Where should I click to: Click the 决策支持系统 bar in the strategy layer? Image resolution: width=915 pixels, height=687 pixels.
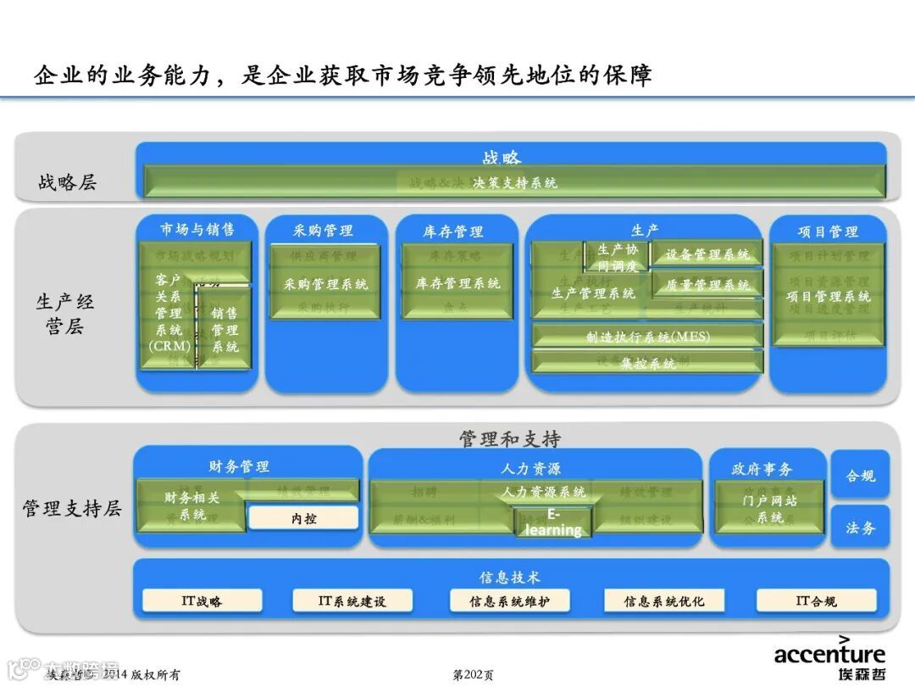click(515, 182)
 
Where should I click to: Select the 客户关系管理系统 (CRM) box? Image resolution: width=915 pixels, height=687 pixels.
click(169, 314)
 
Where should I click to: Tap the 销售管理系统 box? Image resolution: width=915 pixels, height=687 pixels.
click(225, 330)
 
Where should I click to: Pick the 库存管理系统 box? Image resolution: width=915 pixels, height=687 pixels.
click(457, 283)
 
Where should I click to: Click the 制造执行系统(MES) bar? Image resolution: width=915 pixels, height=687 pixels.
click(647, 337)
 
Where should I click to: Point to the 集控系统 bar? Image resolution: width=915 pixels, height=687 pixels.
click(647, 363)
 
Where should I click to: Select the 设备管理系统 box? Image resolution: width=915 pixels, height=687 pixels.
click(707, 254)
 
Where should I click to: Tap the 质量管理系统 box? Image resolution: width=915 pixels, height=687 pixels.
click(707, 285)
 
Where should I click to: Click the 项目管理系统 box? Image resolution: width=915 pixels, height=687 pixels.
click(828, 297)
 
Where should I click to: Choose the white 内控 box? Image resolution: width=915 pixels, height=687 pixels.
click(303, 518)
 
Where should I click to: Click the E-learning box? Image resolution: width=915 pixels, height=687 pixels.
click(553, 522)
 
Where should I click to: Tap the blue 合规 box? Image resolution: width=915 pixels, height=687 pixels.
click(860, 476)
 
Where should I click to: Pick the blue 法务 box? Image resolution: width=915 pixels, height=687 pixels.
click(860, 528)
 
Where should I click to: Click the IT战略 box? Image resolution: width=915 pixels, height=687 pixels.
click(202, 600)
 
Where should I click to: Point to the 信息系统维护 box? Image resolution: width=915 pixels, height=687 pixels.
click(509, 600)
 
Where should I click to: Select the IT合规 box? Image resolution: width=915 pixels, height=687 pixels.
click(816, 600)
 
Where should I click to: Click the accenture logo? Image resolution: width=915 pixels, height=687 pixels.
click(829, 654)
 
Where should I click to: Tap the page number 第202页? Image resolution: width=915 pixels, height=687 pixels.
click(473, 675)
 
